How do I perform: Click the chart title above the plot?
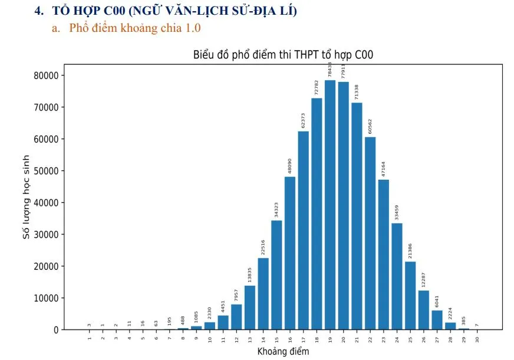283,55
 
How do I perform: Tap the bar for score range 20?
344,206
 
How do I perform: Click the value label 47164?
384,169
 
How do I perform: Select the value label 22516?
263,247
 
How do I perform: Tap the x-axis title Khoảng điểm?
283,352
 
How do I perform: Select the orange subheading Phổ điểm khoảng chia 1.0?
135,28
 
